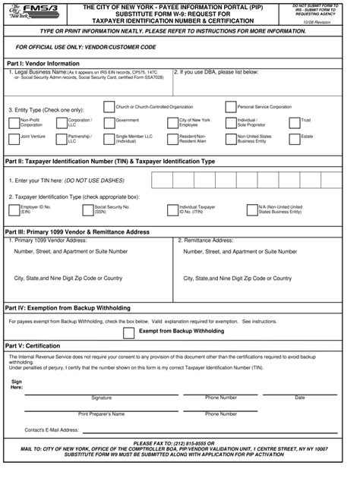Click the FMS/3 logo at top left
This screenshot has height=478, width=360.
[27, 14]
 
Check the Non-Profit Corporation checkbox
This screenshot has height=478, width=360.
[14, 121]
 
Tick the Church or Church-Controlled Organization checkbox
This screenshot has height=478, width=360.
[109, 108]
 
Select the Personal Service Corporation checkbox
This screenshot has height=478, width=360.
[231, 108]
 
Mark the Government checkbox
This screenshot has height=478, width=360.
[109, 121]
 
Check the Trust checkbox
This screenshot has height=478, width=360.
[295, 121]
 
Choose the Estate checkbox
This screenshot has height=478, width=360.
[295, 138]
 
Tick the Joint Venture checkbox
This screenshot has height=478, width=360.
[14, 138]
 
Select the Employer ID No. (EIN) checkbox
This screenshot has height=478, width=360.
[14, 209]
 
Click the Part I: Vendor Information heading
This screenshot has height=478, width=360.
[43, 63]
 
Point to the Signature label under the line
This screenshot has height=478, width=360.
[101, 398]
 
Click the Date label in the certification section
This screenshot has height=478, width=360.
[299, 398]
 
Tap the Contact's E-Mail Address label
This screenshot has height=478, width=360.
[51, 429]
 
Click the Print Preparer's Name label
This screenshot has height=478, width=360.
[101, 414]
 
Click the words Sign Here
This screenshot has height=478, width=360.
[16, 385]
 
